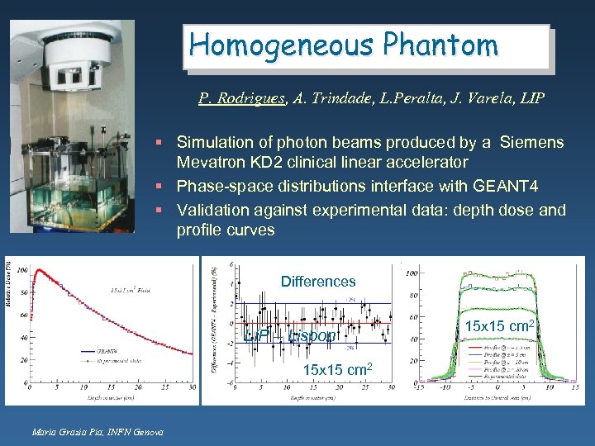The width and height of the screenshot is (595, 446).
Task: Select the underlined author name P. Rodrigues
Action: coord(242,99)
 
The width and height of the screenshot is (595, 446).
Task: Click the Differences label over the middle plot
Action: coord(318,282)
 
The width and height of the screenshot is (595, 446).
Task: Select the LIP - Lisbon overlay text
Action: coord(291,335)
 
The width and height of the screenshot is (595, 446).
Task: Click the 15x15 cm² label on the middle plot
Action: coord(338,368)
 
